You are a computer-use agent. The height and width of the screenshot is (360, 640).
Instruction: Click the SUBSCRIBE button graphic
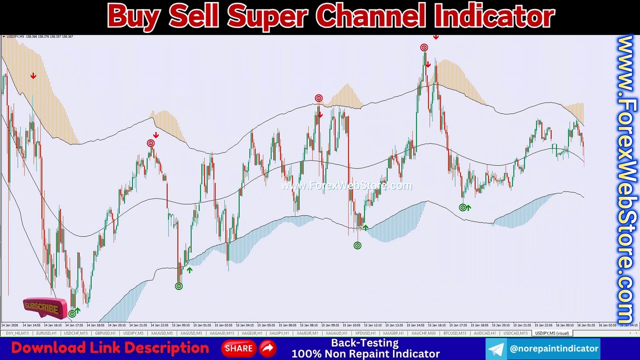[x=44, y=308]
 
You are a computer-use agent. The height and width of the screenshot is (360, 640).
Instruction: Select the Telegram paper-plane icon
[x=496, y=349]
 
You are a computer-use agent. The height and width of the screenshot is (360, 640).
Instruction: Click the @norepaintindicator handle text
[x=553, y=348]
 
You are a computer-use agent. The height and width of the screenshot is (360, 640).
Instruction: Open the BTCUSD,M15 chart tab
[x=454, y=333]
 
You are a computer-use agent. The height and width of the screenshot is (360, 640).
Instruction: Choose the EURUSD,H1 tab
[x=46, y=333]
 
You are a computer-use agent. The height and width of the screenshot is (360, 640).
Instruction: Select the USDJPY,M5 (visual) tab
[x=551, y=333]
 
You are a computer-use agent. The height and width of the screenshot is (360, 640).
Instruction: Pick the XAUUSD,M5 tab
[x=161, y=333]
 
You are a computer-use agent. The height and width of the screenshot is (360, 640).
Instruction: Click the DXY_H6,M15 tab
[x=16, y=333]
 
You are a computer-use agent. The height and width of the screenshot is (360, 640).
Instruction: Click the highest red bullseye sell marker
[x=424, y=47]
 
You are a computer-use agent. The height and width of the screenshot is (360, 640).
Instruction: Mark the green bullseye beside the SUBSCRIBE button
[x=72, y=313]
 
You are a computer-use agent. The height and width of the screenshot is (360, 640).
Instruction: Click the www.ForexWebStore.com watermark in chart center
[x=346, y=186]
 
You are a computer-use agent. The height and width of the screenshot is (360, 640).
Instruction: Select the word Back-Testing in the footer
[x=365, y=343]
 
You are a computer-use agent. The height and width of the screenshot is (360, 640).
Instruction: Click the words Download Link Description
[x=110, y=348]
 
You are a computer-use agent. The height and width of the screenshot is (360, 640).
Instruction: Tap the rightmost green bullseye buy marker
[x=463, y=207]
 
